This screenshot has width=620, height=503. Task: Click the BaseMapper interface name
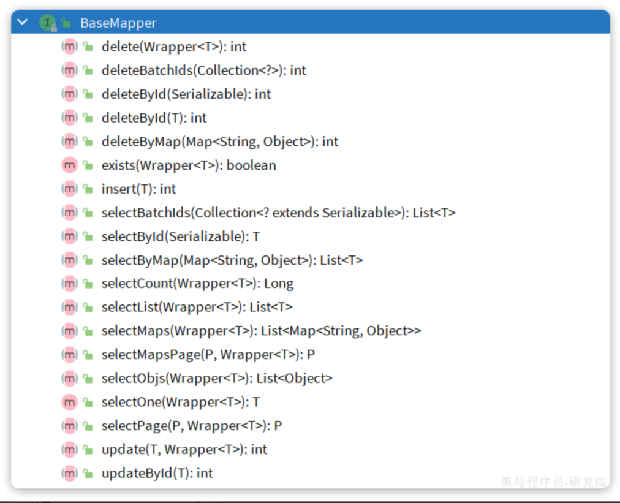[x=118, y=23]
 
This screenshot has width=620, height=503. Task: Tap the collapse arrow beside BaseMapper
[x=23, y=23]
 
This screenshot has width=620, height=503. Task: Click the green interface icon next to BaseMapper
[x=47, y=23]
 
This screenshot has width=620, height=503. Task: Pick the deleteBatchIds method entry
[x=203, y=70]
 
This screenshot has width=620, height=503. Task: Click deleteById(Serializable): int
[x=186, y=94]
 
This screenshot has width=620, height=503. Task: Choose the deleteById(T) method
[x=154, y=118]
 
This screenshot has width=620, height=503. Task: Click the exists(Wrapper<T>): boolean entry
[x=189, y=165]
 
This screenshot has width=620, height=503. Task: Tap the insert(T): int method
[x=138, y=189]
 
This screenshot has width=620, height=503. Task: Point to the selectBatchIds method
[x=278, y=213]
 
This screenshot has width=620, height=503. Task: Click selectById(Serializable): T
[x=180, y=236]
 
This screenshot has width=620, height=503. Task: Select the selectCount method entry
[x=197, y=284]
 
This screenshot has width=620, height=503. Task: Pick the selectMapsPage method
[x=208, y=355]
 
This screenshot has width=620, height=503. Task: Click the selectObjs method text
[x=216, y=378]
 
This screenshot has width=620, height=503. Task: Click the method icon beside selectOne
[x=69, y=402]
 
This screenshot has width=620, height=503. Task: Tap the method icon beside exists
[x=69, y=165]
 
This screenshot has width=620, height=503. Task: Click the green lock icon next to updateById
[x=88, y=474]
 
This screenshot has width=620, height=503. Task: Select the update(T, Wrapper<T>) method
[x=184, y=450]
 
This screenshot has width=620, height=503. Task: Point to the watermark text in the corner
[x=554, y=482]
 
